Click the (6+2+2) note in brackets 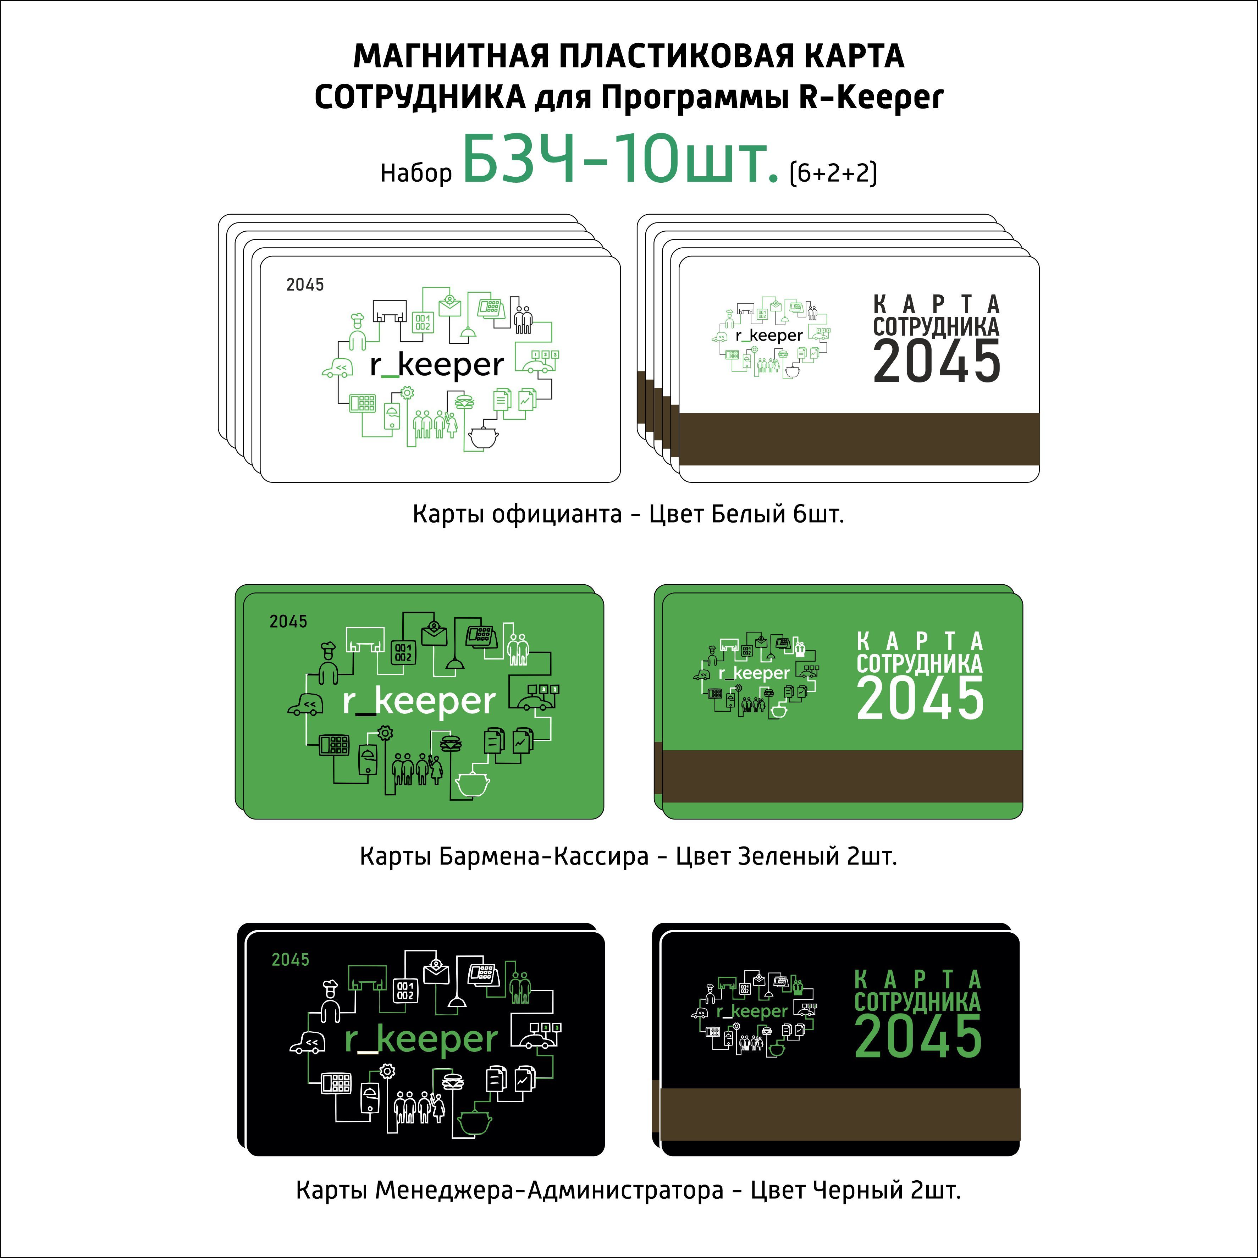(833, 173)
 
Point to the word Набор (416, 173)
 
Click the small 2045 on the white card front (305, 285)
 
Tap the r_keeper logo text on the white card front (436, 365)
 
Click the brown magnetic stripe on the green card (843, 776)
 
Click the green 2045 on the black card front (291, 959)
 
